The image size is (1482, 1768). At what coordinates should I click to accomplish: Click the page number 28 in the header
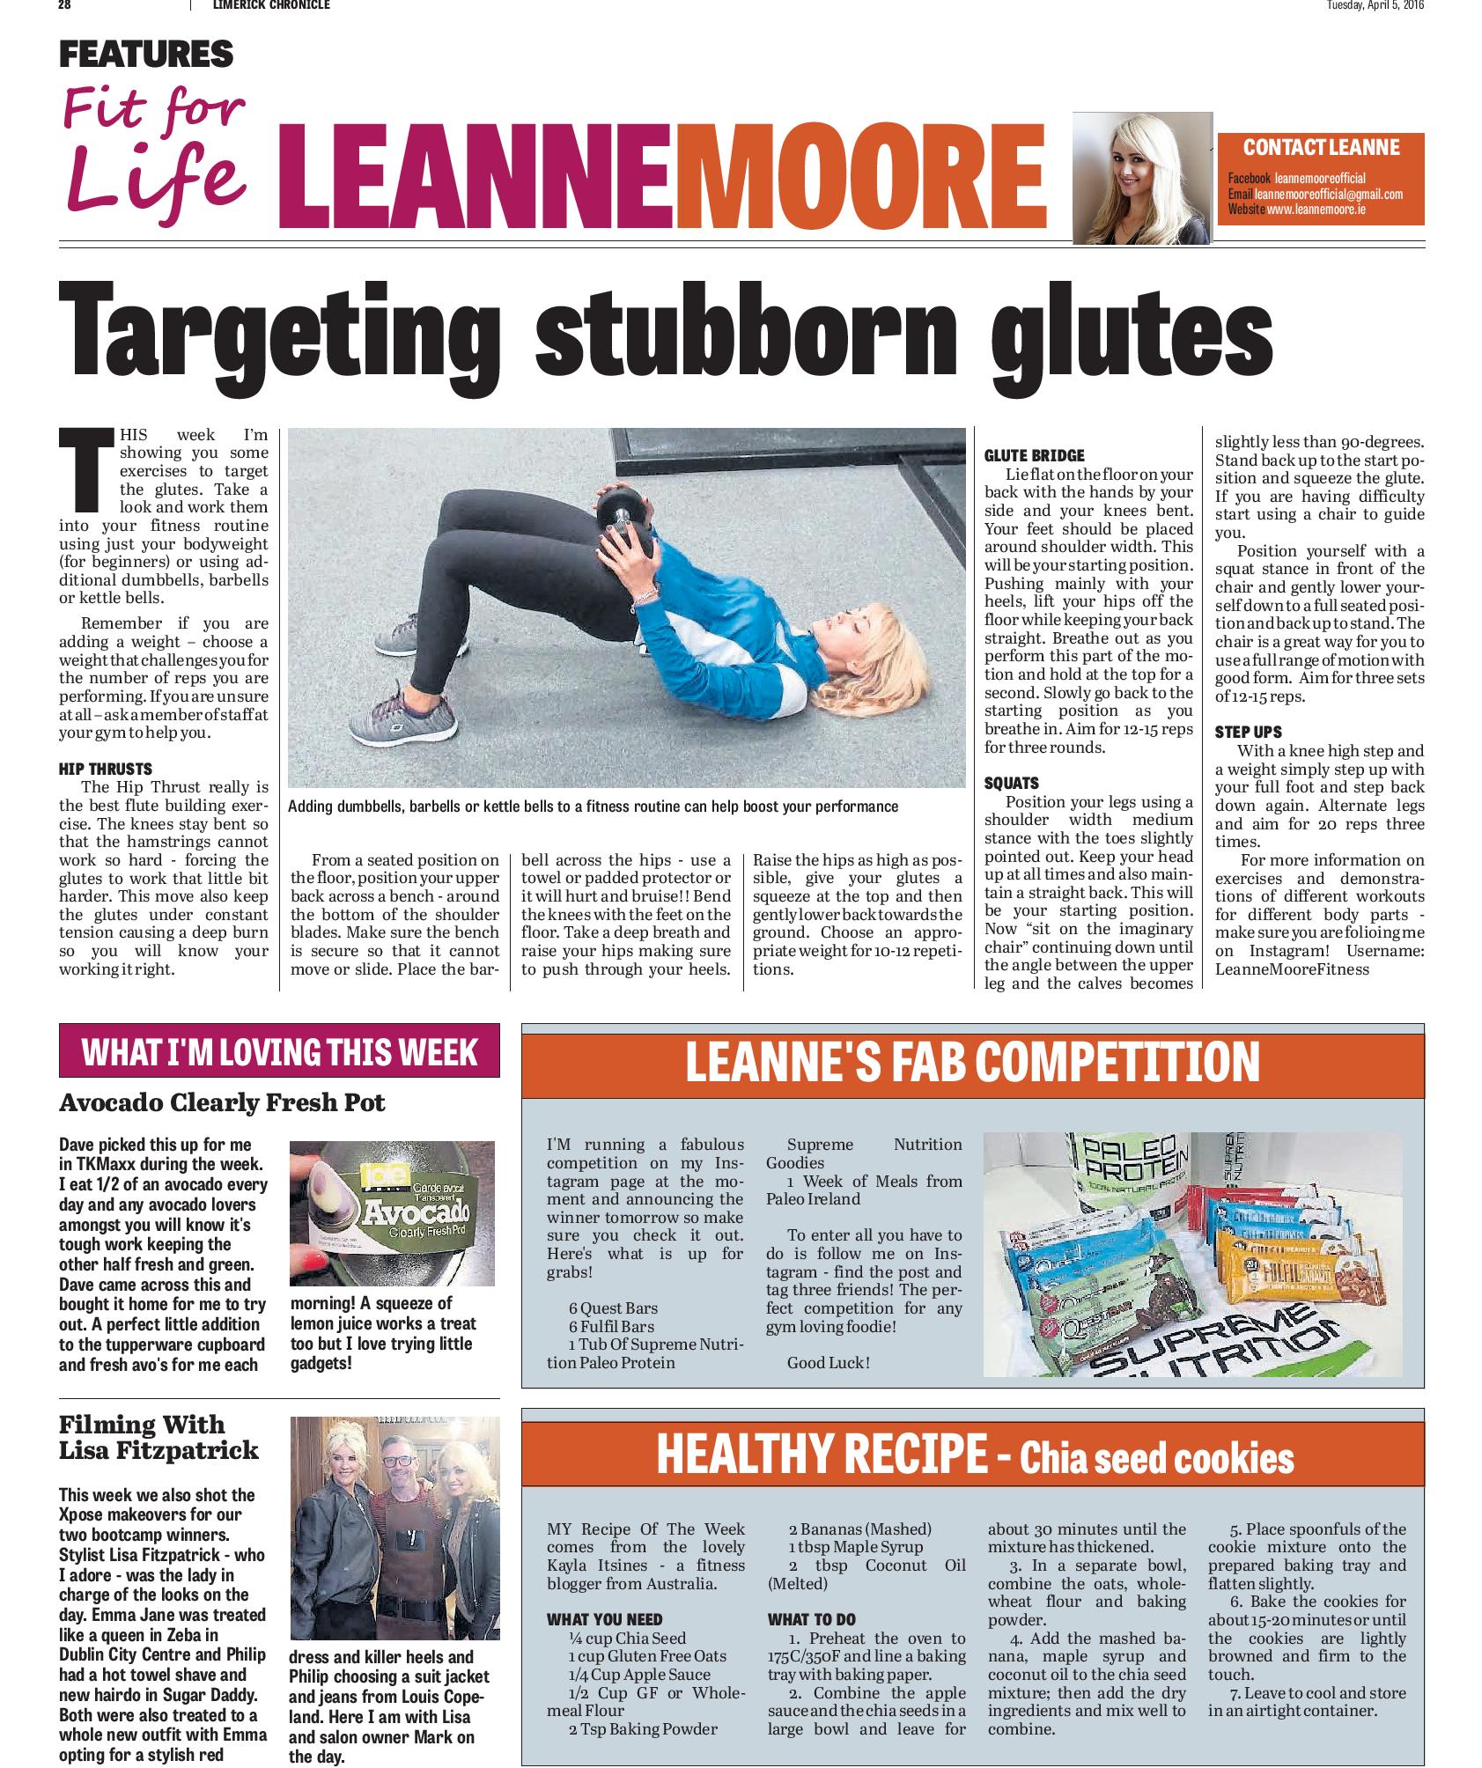click(x=64, y=5)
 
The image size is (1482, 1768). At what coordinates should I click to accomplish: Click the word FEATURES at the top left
click(x=145, y=55)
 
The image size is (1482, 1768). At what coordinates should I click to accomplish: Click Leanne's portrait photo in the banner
click(x=1141, y=179)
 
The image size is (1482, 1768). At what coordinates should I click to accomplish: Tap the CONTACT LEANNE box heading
click(x=1320, y=146)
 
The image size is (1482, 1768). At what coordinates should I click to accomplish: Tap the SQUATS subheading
click(x=1011, y=783)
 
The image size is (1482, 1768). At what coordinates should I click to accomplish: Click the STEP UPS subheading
click(x=1248, y=732)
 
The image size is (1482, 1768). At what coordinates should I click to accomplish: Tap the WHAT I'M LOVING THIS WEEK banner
click(x=279, y=1052)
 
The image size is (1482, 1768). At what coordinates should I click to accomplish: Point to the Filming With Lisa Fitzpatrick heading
click(x=159, y=1437)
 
